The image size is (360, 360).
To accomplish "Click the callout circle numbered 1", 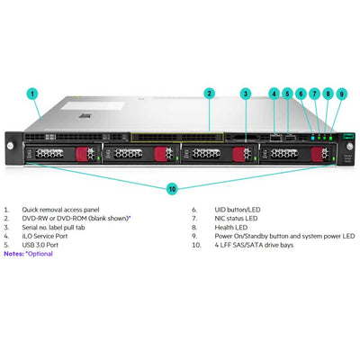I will pyautogui.click(x=31, y=93).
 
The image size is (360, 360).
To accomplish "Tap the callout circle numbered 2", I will pyautogui.click(x=208, y=93).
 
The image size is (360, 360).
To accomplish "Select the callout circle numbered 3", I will pyautogui.click(x=246, y=93).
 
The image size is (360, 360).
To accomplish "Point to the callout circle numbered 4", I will pyautogui.click(x=274, y=93).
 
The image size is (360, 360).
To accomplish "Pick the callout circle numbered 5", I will pyautogui.click(x=288, y=93).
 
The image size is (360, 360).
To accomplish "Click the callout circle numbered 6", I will pyautogui.click(x=302, y=93).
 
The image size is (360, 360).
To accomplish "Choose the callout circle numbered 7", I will pyautogui.click(x=315, y=93).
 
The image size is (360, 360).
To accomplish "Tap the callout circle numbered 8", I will pyautogui.click(x=328, y=93).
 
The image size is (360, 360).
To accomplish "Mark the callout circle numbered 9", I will pyautogui.click(x=342, y=93).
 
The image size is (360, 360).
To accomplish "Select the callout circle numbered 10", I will pyautogui.click(x=172, y=189).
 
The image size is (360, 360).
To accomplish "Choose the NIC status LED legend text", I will pyautogui.click(x=231, y=219).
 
